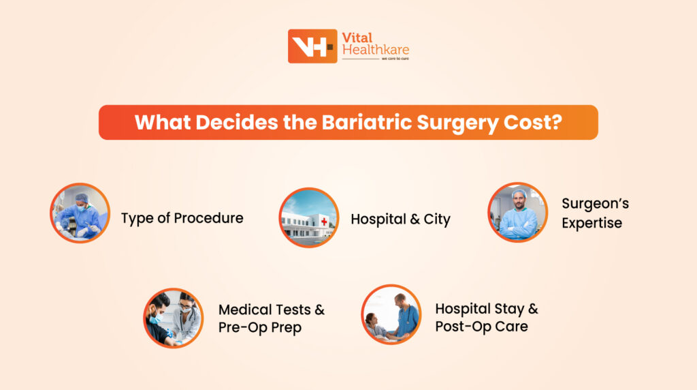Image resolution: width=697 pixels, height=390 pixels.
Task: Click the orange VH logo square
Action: (x=312, y=46)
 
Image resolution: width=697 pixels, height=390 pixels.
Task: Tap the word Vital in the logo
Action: (x=357, y=38)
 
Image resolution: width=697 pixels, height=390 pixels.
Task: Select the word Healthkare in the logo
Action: (x=375, y=50)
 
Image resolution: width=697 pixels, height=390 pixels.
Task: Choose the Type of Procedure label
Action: (x=182, y=218)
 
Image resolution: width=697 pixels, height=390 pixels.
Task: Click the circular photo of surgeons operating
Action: (x=80, y=213)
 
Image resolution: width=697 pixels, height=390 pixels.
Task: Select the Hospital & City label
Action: (x=400, y=219)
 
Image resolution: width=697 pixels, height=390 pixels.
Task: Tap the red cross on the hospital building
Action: (x=324, y=222)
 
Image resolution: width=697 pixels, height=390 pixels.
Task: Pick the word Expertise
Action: (x=591, y=223)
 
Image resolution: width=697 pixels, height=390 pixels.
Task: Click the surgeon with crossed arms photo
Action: (x=517, y=212)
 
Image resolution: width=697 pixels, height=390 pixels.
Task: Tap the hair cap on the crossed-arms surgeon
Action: (x=519, y=194)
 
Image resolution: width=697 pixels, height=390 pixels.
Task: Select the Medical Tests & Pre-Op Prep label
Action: (x=271, y=318)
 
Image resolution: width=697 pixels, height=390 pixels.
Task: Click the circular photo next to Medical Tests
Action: (x=173, y=318)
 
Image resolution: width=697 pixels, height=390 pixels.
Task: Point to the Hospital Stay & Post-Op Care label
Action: (x=486, y=317)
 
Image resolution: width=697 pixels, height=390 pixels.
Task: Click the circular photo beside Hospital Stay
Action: (x=391, y=314)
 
